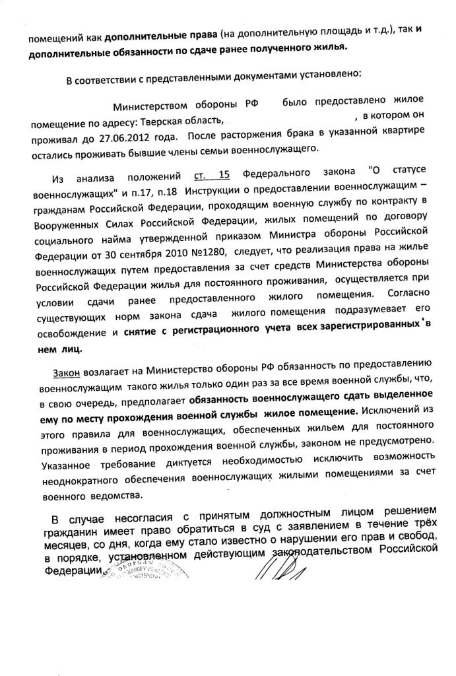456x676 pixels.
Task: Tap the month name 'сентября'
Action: [x=125, y=254]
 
